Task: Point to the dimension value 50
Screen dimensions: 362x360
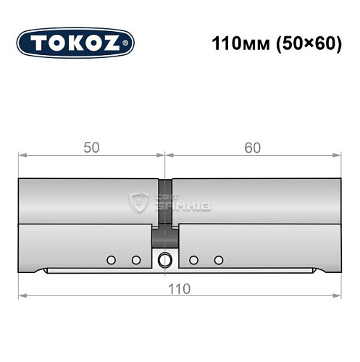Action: click(x=91, y=147)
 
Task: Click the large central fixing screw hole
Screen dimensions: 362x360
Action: click(x=164, y=259)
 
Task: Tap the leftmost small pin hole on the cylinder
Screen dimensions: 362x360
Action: click(x=110, y=259)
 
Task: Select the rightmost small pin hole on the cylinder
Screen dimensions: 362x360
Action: click(x=218, y=259)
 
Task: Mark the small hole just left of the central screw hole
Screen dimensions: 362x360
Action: click(x=135, y=259)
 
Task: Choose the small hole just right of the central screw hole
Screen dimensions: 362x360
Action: click(x=193, y=259)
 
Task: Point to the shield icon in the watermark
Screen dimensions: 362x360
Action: click(x=138, y=202)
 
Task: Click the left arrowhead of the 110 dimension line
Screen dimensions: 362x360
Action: click(x=22, y=295)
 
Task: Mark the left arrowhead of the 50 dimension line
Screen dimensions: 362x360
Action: click(x=22, y=154)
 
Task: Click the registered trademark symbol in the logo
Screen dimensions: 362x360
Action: click(x=127, y=43)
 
